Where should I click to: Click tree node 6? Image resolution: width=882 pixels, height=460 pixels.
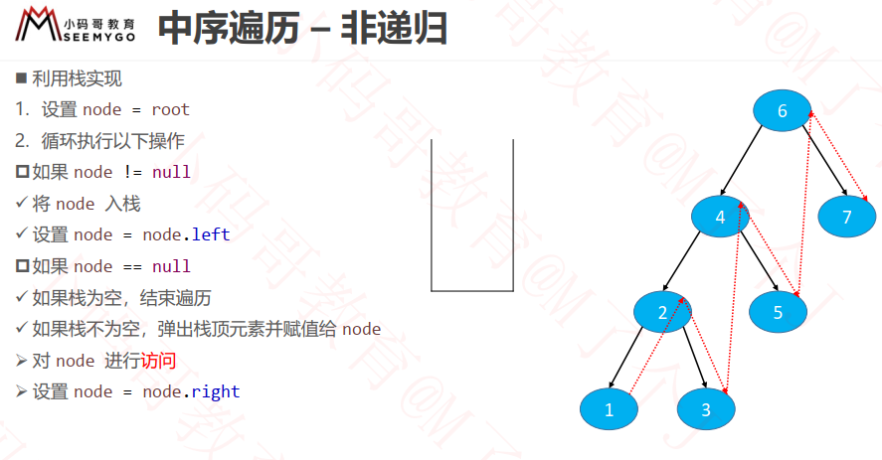click(x=782, y=110)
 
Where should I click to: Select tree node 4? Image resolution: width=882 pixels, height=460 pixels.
click(x=720, y=217)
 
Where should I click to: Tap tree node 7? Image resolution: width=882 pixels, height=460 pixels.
click(x=846, y=217)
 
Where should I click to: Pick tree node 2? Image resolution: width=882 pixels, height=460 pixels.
click(x=662, y=312)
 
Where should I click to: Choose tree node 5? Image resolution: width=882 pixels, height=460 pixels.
click(x=778, y=312)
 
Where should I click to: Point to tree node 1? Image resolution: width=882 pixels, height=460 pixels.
click(x=609, y=408)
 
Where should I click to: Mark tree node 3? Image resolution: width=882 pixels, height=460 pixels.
click(x=706, y=408)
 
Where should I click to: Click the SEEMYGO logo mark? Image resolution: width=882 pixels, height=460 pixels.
click(x=38, y=24)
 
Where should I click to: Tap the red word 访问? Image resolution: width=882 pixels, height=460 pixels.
click(x=158, y=361)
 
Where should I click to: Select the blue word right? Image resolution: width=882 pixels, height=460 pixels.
click(x=216, y=392)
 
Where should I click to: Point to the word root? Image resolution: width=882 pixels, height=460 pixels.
click(x=170, y=109)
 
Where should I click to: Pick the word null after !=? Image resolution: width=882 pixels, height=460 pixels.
click(x=172, y=172)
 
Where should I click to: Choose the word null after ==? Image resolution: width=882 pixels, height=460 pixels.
click(x=172, y=266)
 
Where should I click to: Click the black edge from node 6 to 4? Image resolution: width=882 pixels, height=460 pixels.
click(x=742, y=160)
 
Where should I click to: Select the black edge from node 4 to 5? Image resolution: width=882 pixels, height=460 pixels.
click(x=760, y=261)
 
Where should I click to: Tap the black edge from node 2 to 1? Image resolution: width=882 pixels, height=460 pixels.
click(x=626, y=358)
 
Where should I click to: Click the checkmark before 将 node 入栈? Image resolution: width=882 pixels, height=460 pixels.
click(x=21, y=203)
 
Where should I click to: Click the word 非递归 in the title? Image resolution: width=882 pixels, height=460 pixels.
click(x=394, y=29)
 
